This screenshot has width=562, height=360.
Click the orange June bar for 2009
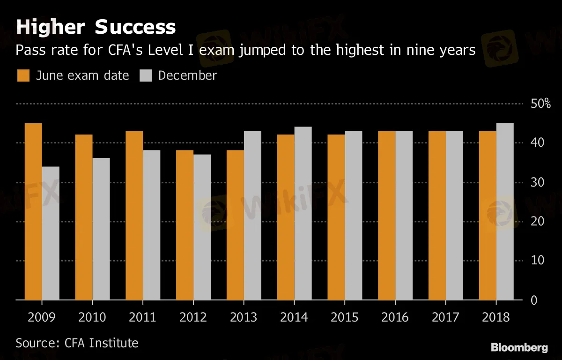(33, 211)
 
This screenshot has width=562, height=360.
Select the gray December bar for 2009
(51, 233)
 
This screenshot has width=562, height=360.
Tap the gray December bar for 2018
(505, 211)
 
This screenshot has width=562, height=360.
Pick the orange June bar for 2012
(185, 225)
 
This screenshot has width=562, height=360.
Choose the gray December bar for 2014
(303, 213)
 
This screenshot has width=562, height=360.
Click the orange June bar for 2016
(387, 215)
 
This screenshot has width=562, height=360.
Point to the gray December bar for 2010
(101, 229)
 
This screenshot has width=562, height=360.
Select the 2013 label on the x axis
(244, 317)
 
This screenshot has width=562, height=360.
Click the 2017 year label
(445, 317)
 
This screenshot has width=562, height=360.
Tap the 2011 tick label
(142, 317)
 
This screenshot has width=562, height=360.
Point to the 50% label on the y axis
(540, 104)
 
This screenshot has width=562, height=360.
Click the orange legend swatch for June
(23, 76)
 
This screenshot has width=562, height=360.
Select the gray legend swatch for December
(146, 76)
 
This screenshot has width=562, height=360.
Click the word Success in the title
(135, 27)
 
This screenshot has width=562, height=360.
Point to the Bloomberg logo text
(519, 348)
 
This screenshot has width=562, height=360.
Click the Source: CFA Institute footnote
(77, 343)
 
